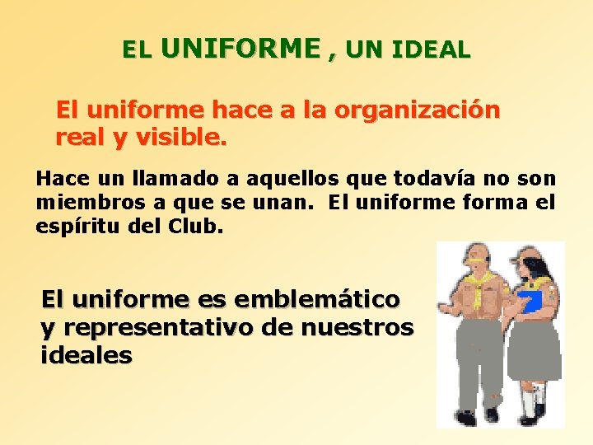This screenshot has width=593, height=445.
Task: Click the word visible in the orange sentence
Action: [179, 139]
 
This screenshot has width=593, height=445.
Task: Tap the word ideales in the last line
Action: [86, 355]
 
